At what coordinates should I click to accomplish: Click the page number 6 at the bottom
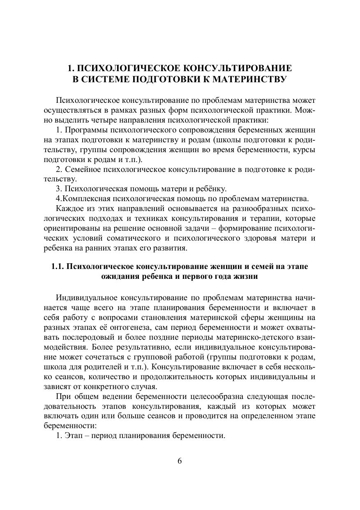coord(180,460)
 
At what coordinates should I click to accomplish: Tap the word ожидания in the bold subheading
coord(118,276)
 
